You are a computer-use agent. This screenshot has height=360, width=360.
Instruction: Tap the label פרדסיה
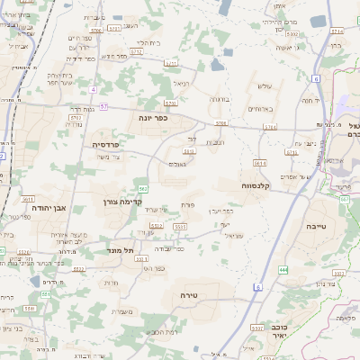click(112, 143)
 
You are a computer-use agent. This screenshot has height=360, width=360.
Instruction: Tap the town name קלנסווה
click(257, 184)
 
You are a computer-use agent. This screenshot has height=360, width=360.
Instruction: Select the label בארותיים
click(260, 109)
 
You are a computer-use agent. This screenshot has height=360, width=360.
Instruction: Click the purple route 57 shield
click(104, 106)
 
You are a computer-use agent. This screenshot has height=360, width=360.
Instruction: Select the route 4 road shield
click(93, 90)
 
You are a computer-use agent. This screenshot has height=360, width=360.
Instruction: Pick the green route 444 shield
click(283, 269)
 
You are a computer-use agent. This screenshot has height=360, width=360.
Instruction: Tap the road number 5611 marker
click(28, 200)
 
